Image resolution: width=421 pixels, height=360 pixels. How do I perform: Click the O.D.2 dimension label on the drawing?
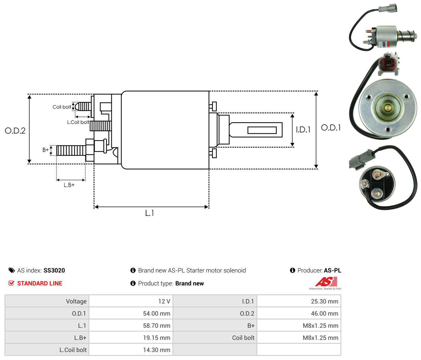(15, 131)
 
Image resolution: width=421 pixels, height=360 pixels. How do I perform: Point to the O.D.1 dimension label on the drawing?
(331, 128)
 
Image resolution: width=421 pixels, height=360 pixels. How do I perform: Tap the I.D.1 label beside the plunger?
(303, 129)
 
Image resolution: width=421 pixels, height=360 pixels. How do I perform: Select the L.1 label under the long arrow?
(149, 213)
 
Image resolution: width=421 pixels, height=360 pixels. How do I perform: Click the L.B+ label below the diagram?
(69, 185)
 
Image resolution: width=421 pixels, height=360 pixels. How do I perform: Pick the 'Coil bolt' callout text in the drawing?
(62, 107)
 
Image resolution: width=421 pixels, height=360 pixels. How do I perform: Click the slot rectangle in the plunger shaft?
(262, 130)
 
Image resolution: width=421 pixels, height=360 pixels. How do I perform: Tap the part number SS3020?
(54, 270)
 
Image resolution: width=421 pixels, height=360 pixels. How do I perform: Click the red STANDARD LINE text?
(40, 283)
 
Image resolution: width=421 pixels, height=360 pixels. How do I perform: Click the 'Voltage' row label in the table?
(76, 301)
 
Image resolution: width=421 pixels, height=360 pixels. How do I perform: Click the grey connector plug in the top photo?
(388, 8)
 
